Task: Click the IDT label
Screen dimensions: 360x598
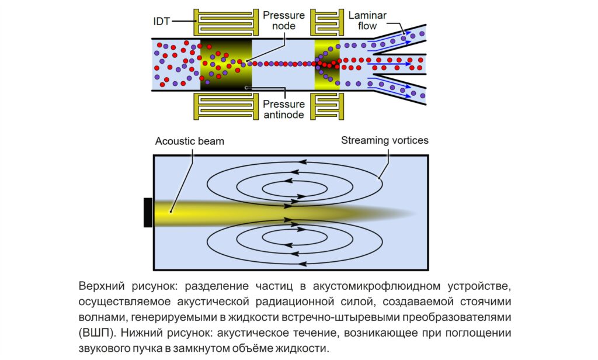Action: (162, 20)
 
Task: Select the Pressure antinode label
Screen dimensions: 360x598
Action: (283, 109)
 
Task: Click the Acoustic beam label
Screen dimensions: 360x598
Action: (190, 141)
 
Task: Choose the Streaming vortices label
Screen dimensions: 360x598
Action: (385, 140)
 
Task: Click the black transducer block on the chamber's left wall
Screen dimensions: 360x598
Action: (148, 212)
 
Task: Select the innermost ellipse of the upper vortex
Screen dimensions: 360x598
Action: (295, 188)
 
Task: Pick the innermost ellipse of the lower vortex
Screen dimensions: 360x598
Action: (295, 237)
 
